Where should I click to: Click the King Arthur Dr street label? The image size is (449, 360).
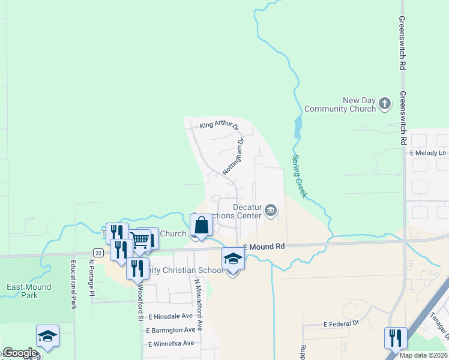tap(219, 126)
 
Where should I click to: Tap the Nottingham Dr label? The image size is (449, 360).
tap(234, 157)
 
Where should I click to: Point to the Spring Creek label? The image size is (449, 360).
tap(300, 176)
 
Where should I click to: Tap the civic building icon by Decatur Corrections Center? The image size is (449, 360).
tap(271, 210)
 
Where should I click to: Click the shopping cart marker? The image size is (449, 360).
tap(140, 241)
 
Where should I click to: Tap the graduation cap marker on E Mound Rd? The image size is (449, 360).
tap(233, 259)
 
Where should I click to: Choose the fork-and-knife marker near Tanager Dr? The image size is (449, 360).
tap(396, 338)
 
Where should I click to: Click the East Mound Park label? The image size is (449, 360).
tap(29, 291)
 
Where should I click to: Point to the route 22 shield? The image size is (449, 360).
tap(98, 253)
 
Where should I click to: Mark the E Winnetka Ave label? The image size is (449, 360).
tap(170, 343)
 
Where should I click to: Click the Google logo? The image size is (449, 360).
tap(19, 353)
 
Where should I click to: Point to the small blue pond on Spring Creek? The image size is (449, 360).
tap(298, 127)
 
